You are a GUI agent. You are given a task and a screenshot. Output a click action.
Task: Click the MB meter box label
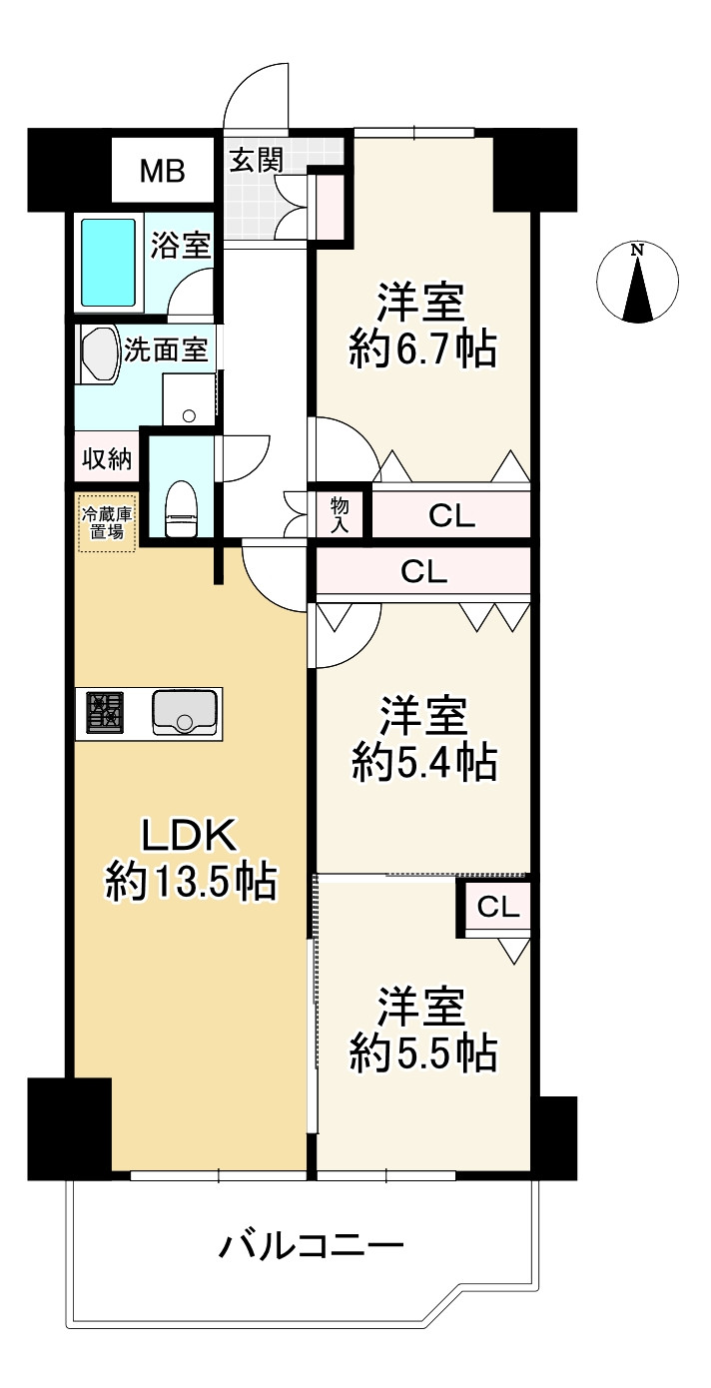(162, 171)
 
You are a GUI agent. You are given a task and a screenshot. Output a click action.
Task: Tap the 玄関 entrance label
(257, 160)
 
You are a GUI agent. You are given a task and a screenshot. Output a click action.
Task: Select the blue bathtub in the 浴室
(107, 263)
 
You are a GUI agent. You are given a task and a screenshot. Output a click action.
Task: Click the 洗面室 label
(166, 350)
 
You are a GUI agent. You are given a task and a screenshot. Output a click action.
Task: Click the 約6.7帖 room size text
(422, 350)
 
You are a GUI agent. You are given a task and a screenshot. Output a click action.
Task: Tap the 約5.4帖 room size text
(422, 764)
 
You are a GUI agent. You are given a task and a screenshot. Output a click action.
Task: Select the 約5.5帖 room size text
(422, 1052)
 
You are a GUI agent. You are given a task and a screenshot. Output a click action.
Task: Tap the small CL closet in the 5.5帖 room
(496, 907)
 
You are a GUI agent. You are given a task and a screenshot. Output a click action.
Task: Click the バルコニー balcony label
(311, 1245)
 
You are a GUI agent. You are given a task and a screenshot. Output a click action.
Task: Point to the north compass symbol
(637, 283)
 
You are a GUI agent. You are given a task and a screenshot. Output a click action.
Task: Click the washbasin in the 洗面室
(99, 355)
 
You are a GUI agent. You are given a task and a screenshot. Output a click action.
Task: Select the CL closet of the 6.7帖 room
(451, 516)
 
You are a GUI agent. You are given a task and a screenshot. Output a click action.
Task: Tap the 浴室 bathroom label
(181, 246)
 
